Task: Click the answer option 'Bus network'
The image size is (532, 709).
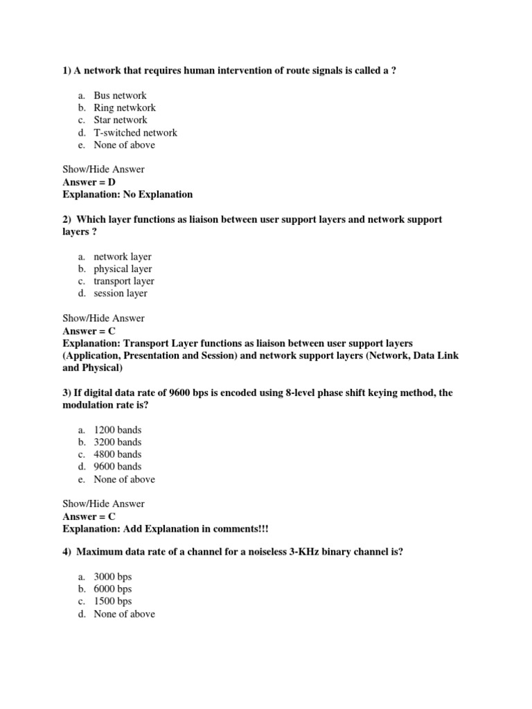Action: tap(120, 96)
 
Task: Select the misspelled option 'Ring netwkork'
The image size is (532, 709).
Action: tap(125, 108)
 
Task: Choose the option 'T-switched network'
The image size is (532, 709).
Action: tap(135, 133)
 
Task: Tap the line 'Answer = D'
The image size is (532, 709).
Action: tap(89, 182)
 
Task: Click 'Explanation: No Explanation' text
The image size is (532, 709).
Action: tap(127, 195)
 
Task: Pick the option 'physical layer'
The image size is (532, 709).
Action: tap(123, 269)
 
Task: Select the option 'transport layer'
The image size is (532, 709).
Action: tap(124, 282)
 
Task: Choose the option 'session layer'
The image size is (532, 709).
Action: tap(121, 294)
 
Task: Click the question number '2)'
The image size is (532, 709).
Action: tap(67, 219)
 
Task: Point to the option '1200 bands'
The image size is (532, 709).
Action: tap(117, 430)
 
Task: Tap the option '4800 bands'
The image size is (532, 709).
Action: tap(117, 455)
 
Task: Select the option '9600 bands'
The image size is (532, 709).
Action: tap(117, 467)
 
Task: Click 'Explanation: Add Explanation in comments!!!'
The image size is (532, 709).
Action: tap(165, 529)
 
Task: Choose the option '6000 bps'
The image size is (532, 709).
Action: tap(112, 589)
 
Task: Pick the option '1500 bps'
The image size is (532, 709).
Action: tap(112, 602)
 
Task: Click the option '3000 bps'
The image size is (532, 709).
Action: tap(112, 577)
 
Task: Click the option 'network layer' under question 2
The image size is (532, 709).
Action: tap(123, 257)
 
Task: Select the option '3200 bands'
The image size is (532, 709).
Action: tap(117, 442)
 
